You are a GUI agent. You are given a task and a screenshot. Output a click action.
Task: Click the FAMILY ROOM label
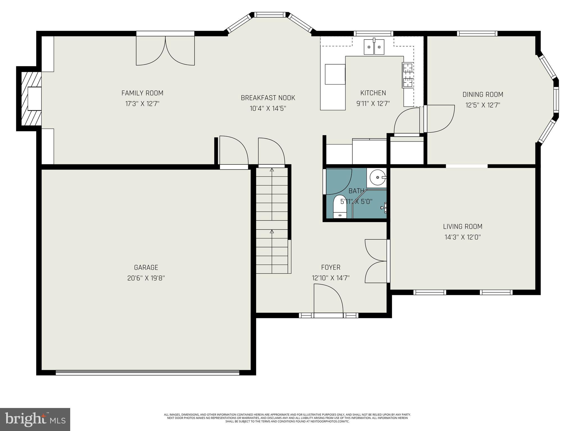click(142, 93)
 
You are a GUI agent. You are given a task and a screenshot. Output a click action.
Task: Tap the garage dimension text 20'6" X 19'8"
click(146, 278)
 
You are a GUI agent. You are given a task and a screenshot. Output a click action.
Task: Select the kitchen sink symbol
click(374, 47)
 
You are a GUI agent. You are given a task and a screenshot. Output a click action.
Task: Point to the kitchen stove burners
click(408, 75)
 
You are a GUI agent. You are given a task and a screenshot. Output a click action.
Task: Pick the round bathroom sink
click(377, 177)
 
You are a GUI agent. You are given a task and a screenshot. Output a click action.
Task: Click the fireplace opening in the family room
click(34, 98)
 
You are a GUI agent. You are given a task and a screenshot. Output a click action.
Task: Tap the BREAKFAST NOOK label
click(268, 98)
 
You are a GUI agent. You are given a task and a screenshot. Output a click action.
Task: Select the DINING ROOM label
click(483, 95)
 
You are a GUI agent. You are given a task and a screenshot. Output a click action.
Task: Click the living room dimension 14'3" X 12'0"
click(462, 237)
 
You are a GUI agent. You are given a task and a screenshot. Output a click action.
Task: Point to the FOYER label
click(330, 267)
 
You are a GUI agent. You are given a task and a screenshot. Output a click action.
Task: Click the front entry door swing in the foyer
click(328, 299)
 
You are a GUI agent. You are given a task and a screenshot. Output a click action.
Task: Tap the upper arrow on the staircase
click(271, 170)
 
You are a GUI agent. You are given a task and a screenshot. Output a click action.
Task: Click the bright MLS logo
click(35, 419)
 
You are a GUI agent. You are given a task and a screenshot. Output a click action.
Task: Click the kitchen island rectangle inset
click(335, 74)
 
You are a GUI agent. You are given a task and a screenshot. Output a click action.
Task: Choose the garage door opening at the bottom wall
click(147, 373)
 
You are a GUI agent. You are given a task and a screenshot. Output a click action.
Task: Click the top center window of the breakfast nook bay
click(271, 15)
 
